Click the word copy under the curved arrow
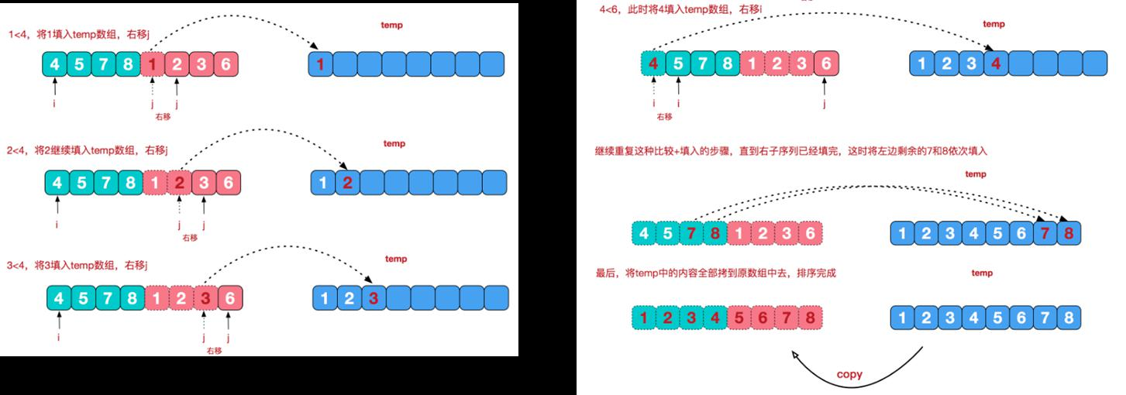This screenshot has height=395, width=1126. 849,375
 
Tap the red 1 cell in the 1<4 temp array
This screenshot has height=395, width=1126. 320,64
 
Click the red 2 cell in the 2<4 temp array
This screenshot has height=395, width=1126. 348,183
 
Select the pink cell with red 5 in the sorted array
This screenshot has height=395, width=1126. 739,318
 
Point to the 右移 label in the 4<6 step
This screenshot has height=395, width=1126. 664,116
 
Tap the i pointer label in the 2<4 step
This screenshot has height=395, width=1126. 58,225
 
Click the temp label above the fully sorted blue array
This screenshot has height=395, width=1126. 982,273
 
